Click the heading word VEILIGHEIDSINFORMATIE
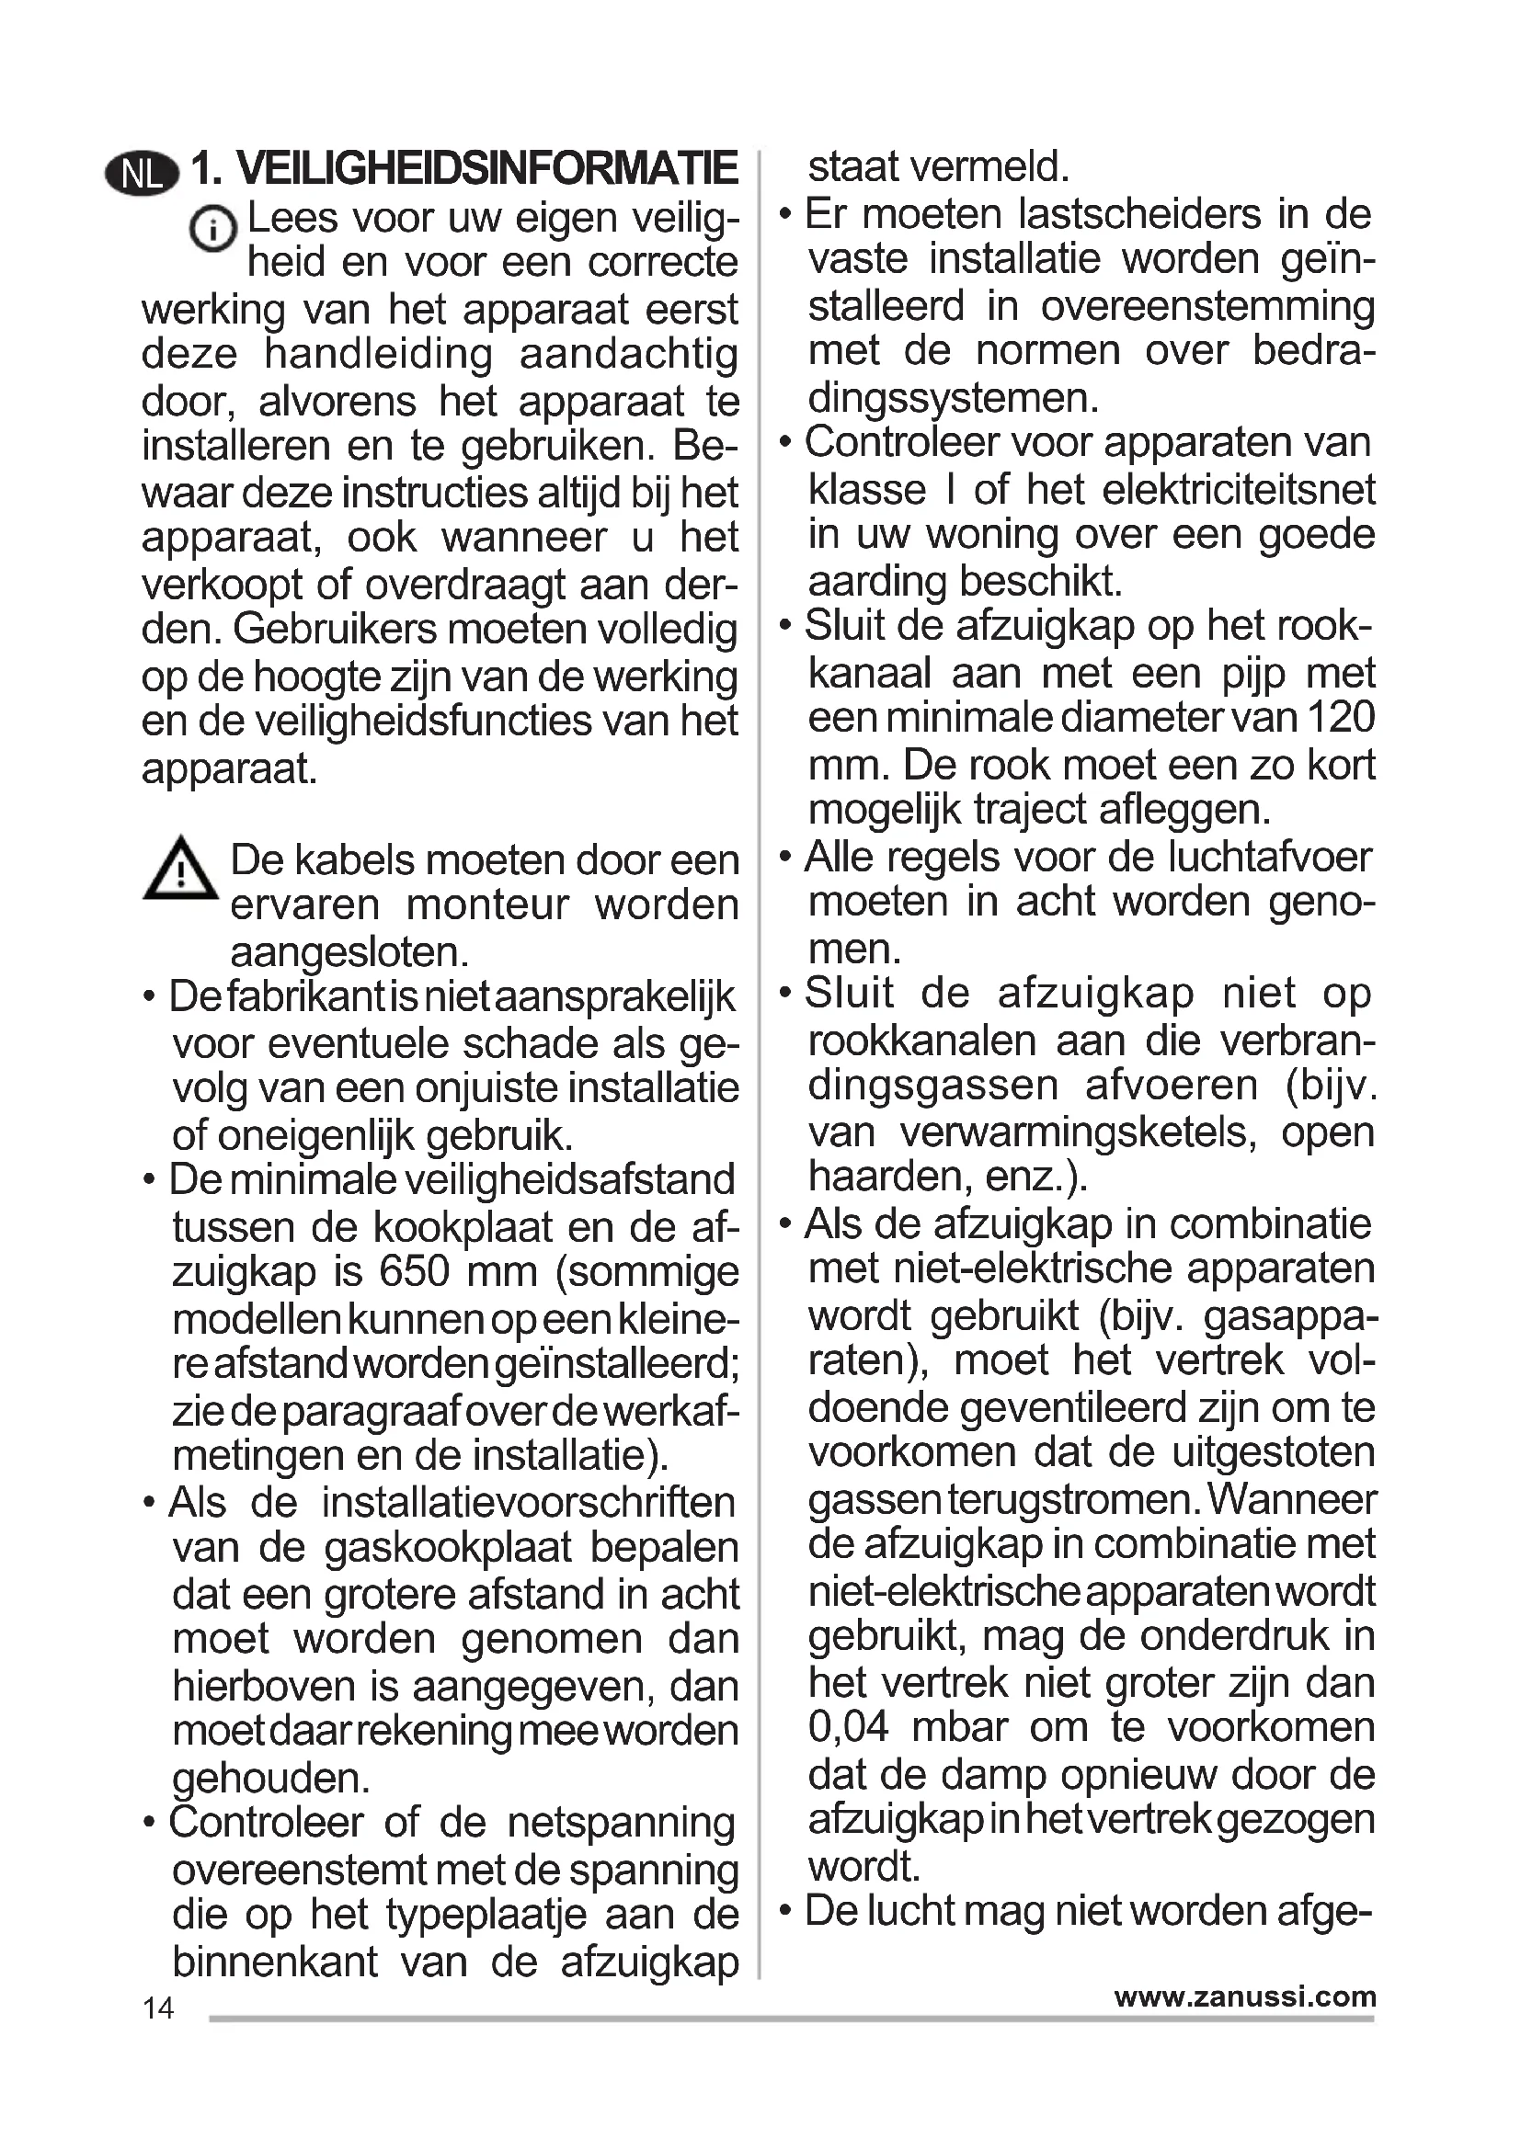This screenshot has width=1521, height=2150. [x=487, y=169]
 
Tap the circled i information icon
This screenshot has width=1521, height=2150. [x=212, y=228]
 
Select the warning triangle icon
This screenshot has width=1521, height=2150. [x=180, y=870]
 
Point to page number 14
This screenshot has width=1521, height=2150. [x=158, y=2008]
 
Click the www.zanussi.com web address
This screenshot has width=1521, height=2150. [x=1245, y=1996]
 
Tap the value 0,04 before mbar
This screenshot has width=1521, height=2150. [x=849, y=1727]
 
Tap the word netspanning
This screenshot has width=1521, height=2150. [x=621, y=1822]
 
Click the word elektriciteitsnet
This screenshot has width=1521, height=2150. [x=1200, y=490]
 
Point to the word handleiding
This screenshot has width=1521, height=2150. [x=378, y=355]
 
